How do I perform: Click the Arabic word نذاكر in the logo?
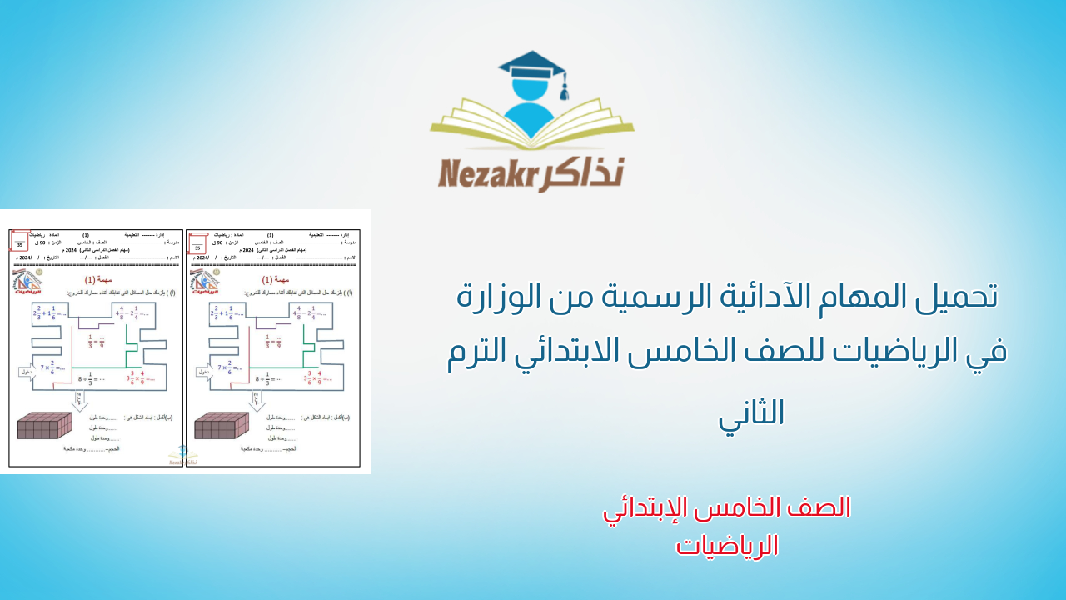point(585,172)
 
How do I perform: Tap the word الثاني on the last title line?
point(751,412)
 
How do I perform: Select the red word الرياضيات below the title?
point(727,546)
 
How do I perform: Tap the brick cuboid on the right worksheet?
point(222,425)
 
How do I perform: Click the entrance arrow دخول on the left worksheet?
point(26,372)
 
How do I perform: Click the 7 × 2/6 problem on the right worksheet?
point(231,367)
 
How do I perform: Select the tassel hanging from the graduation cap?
point(564,88)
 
